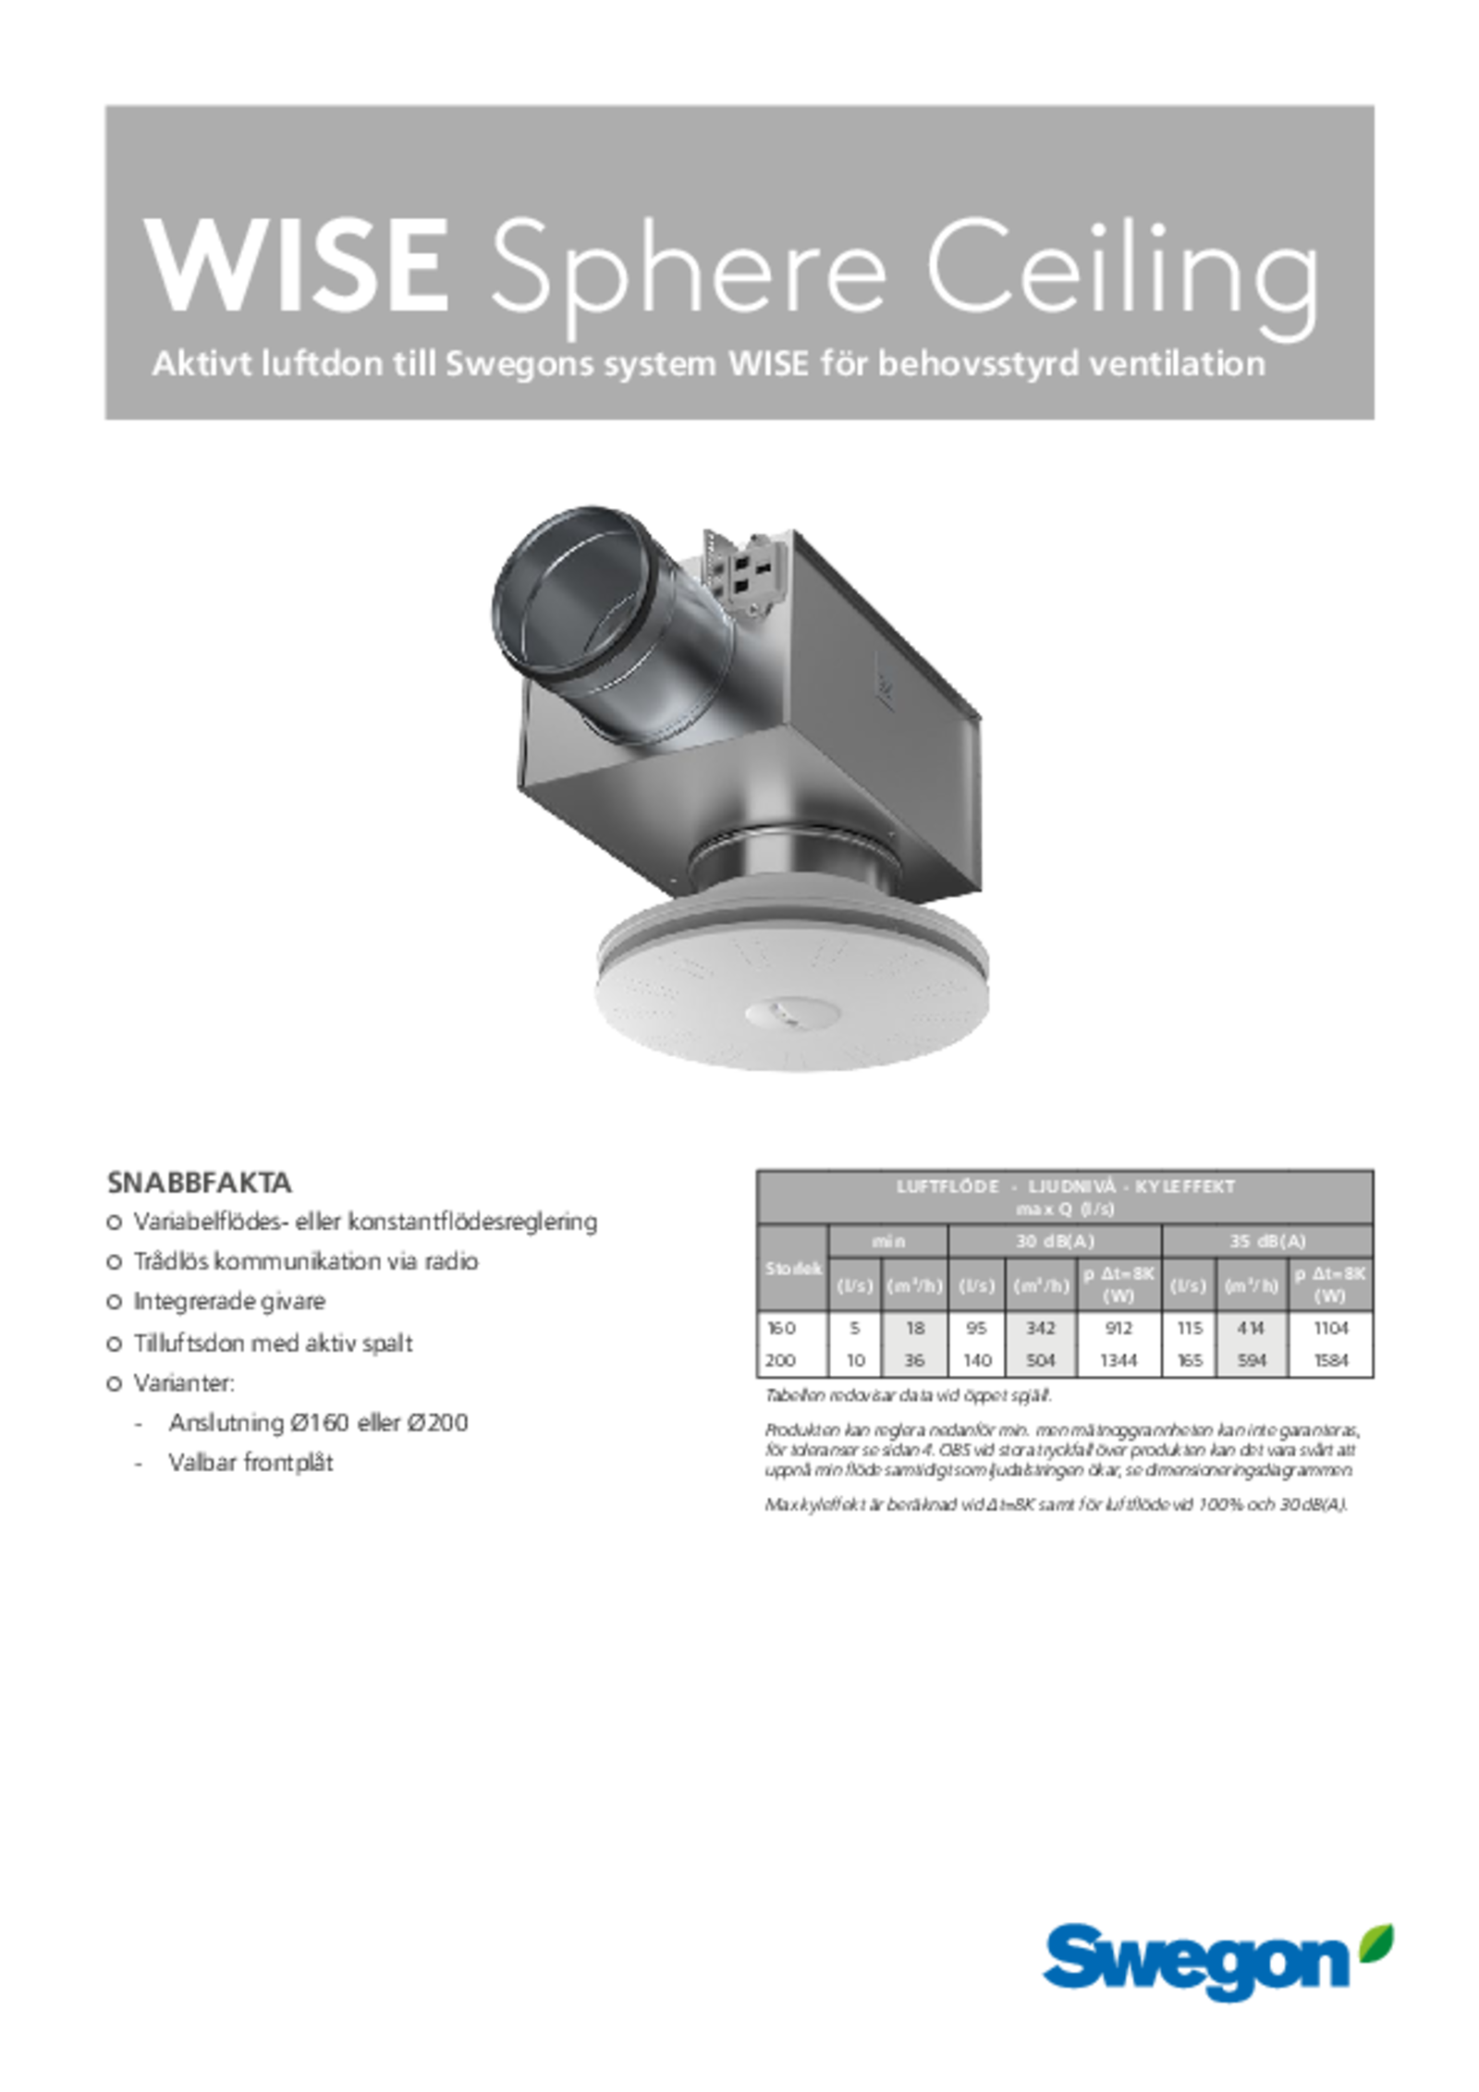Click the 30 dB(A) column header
1055,1241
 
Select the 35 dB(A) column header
1267,1241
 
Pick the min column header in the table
887,1241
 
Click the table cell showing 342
1040,1328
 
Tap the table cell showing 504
1040,1360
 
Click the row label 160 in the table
781,1328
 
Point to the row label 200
781,1360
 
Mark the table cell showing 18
914,1328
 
